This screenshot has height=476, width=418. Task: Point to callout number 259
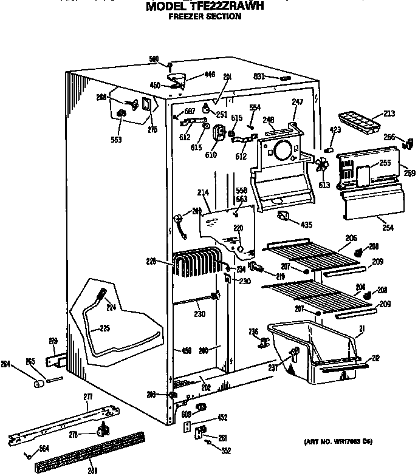pos(409,173)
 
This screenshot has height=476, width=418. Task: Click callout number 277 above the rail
pos(87,396)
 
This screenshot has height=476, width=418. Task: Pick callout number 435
pos(306,225)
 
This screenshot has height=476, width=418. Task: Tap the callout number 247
pos(297,103)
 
